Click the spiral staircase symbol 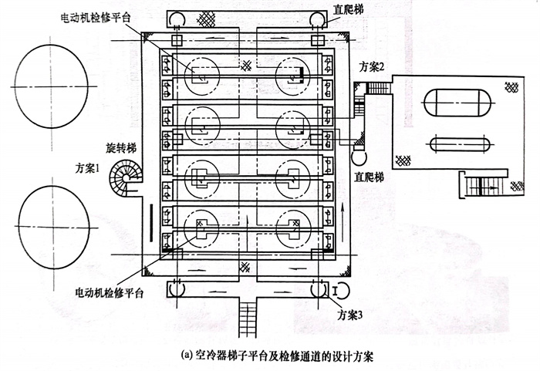(124, 179)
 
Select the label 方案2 (375, 66)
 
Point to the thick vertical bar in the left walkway (152, 219)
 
